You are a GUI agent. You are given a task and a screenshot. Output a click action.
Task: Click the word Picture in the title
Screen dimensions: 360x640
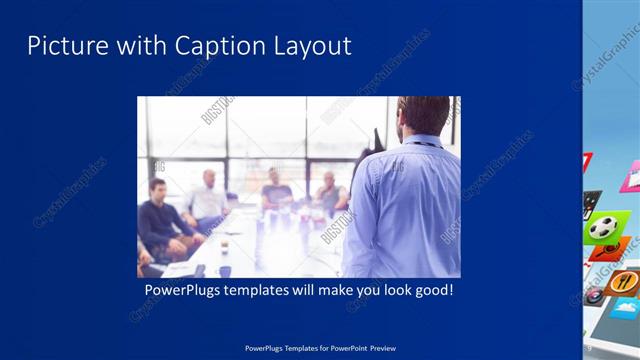(61, 46)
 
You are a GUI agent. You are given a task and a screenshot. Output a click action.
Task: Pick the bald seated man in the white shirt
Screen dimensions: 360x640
(209, 200)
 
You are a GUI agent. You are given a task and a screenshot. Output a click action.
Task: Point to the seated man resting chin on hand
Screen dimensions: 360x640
(329, 195)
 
